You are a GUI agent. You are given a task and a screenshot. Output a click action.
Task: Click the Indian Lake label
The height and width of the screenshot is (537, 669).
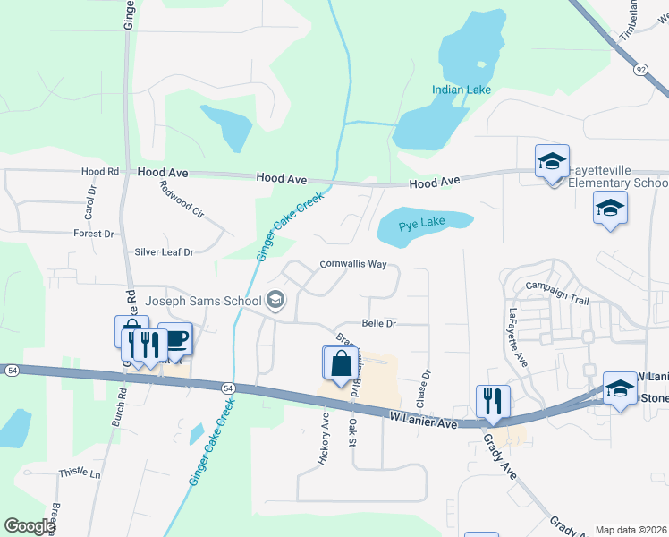(x=462, y=89)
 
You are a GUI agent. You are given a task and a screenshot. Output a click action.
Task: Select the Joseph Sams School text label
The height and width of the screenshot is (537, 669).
(x=203, y=301)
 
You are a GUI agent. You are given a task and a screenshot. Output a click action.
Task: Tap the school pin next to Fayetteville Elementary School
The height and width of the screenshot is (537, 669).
(x=552, y=163)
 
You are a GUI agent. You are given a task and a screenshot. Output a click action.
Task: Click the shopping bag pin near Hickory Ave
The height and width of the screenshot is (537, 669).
(x=340, y=363)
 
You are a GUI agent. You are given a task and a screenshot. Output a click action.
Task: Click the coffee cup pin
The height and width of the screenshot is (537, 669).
(x=175, y=339)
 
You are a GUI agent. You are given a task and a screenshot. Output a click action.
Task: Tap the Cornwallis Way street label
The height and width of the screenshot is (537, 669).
(x=353, y=265)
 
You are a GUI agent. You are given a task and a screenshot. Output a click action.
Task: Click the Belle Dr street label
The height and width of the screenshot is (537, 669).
(x=378, y=322)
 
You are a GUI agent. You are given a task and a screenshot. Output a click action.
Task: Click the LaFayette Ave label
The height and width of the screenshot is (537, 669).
(x=519, y=337)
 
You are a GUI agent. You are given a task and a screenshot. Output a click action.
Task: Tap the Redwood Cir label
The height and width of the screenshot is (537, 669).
(x=182, y=200)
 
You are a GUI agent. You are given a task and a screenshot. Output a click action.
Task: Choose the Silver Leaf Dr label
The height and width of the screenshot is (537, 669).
(x=164, y=252)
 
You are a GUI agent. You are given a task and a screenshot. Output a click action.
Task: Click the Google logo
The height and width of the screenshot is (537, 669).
(x=30, y=526)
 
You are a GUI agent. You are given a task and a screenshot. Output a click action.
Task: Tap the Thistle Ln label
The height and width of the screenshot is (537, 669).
(x=80, y=473)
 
